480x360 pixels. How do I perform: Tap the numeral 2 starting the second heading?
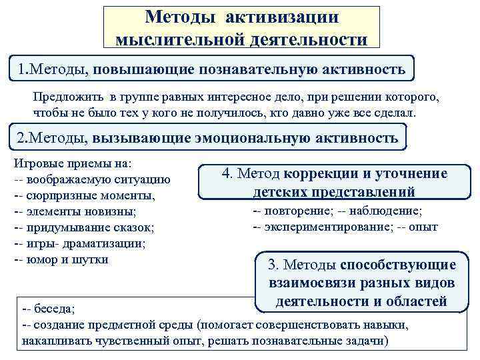click(x=21, y=138)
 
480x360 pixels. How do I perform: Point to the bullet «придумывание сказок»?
click(x=89, y=228)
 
